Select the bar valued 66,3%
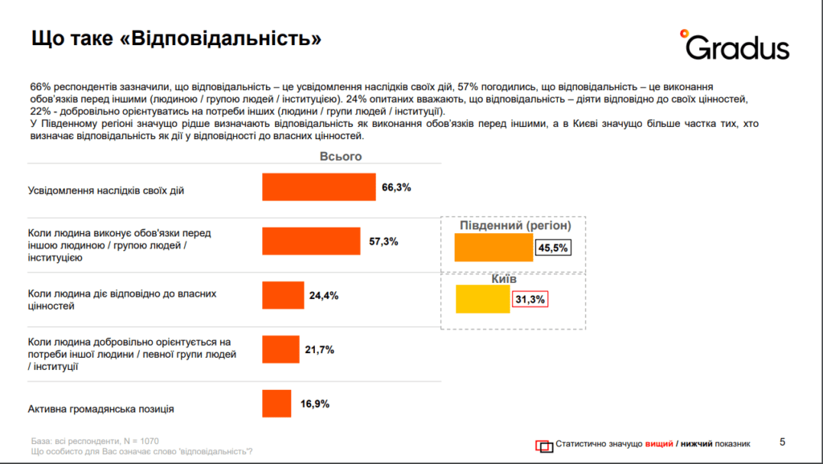[x=319, y=187]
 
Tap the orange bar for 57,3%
[x=311, y=241]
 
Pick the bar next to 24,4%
[x=283, y=295]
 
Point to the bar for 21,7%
[x=280, y=350]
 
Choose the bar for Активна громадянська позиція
[x=276, y=404]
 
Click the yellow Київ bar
[x=483, y=300]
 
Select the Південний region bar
[x=493, y=248]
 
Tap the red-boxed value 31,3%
[x=530, y=300]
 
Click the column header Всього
[x=341, y=157]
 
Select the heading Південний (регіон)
[x=514, y=226]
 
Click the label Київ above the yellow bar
[x=504, y=278]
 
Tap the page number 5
[x=784, y=441]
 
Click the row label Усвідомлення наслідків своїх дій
[x=111, y=190]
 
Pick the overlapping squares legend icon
[x=544, y=445]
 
